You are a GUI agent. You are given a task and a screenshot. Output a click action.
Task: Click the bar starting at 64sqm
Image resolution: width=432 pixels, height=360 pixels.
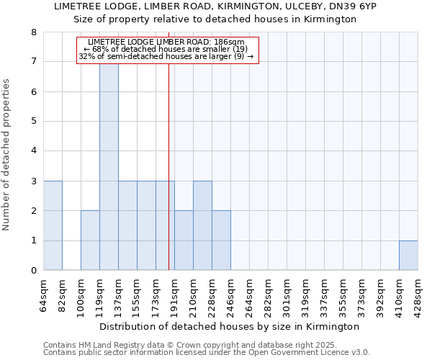(53, 225)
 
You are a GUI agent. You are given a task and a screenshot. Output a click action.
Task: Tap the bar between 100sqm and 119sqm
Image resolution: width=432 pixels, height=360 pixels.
(90, 240)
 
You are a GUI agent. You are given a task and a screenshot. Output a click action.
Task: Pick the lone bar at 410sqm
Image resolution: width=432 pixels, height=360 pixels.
(408, 256)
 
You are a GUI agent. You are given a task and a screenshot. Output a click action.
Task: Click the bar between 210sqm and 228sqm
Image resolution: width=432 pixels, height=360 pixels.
(202, 225)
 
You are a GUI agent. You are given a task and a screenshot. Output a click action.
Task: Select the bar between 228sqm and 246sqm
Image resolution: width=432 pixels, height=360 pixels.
(221, 240)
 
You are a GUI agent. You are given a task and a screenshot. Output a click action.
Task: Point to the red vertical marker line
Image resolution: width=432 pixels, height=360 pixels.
(168, 180)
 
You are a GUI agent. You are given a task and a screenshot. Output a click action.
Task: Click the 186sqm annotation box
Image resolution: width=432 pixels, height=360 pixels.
(166, 50)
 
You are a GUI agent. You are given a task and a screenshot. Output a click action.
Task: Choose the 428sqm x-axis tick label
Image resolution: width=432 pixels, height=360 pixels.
(418, 294)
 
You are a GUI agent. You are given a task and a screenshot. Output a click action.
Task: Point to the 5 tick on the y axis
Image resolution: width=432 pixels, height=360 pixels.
(32, 121)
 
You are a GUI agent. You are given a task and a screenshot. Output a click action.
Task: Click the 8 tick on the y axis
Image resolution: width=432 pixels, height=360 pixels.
(32, 32)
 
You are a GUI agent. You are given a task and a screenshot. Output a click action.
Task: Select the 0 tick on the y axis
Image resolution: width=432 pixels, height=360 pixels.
(32, 271)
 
